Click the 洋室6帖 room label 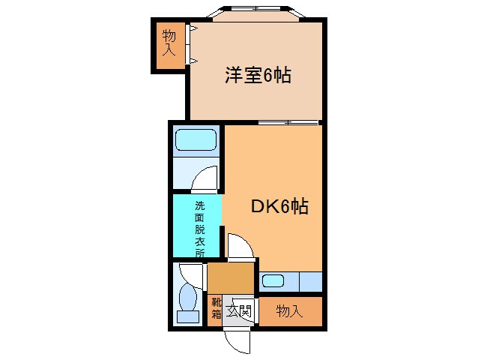[258, 75]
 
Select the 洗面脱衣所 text [199, 229]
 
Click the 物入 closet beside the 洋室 [169, 43]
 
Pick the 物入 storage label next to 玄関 [289, 311]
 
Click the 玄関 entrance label [240, 310]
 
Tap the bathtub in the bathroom [196, 140]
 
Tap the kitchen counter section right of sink [310, 283]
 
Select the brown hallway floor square [230, 278]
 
